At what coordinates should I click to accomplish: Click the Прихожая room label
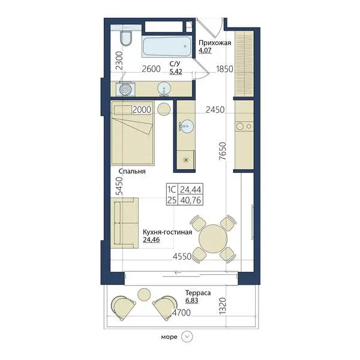point(215,43)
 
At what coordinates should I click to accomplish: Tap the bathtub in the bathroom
point(167,46)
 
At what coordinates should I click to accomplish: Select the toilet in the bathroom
point(126,38)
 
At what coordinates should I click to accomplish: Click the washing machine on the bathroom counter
point(125,89)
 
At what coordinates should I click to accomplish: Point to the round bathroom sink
point(164,89)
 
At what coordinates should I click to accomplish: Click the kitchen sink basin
point(187,126)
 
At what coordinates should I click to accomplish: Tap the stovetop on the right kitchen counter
point(244,126)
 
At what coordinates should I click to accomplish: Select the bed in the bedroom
point(133,133)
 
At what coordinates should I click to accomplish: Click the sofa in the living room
point(124,223)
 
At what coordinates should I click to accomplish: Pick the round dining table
point(213,239)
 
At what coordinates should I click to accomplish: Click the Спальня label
point(132,171)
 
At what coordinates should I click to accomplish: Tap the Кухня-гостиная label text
point(167,232)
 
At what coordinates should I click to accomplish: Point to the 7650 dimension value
point(223,151)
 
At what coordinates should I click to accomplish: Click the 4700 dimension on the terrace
point(181,313)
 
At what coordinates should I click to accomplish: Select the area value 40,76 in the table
point(191,200)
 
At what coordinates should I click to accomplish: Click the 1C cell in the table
point(172,190)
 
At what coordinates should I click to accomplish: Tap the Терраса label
point(198,293)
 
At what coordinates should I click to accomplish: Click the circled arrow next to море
point(187,337)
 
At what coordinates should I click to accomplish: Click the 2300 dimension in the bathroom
point(119,61)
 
